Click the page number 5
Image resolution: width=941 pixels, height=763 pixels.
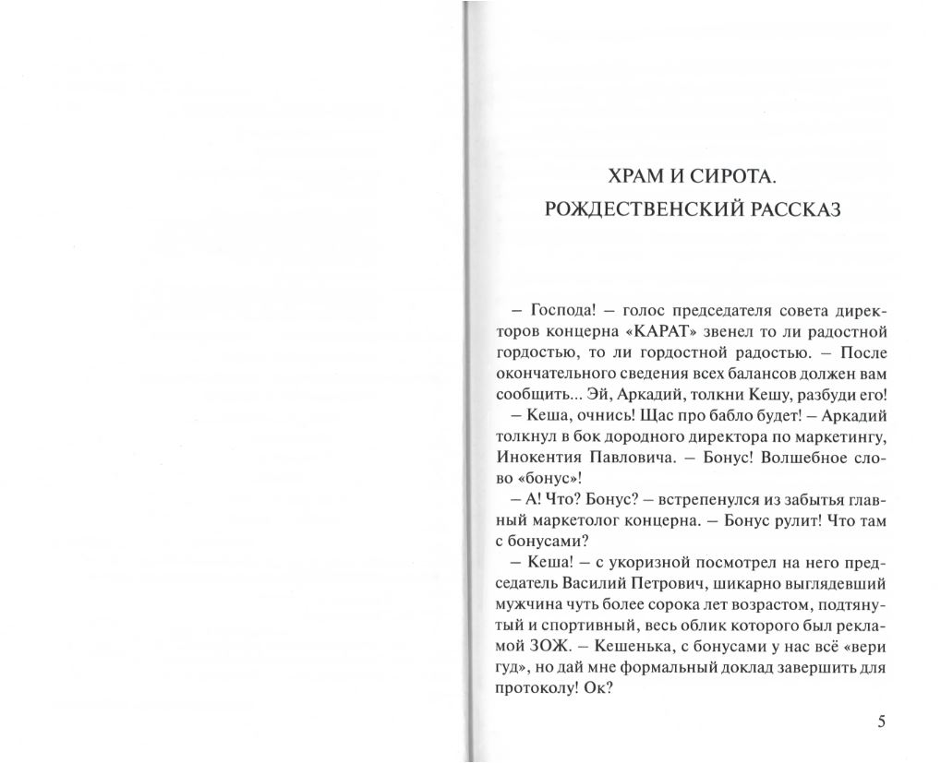881,721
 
